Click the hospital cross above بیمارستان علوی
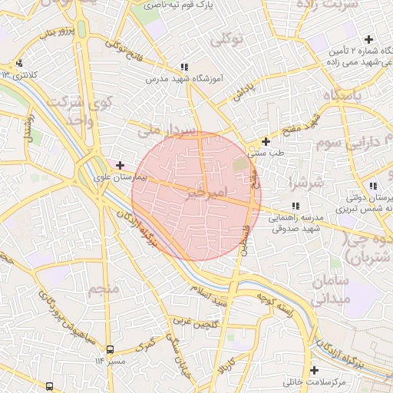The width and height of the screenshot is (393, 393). tap(120, 164)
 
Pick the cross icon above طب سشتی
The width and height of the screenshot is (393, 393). tap(266, 141)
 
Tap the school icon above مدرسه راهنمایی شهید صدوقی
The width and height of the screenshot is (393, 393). tap(296, 206)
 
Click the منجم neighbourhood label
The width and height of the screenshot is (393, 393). tap(105, 289)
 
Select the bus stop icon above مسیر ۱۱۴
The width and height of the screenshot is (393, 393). tap(110, 349)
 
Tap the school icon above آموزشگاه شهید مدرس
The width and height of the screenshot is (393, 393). tap(184, 68)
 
